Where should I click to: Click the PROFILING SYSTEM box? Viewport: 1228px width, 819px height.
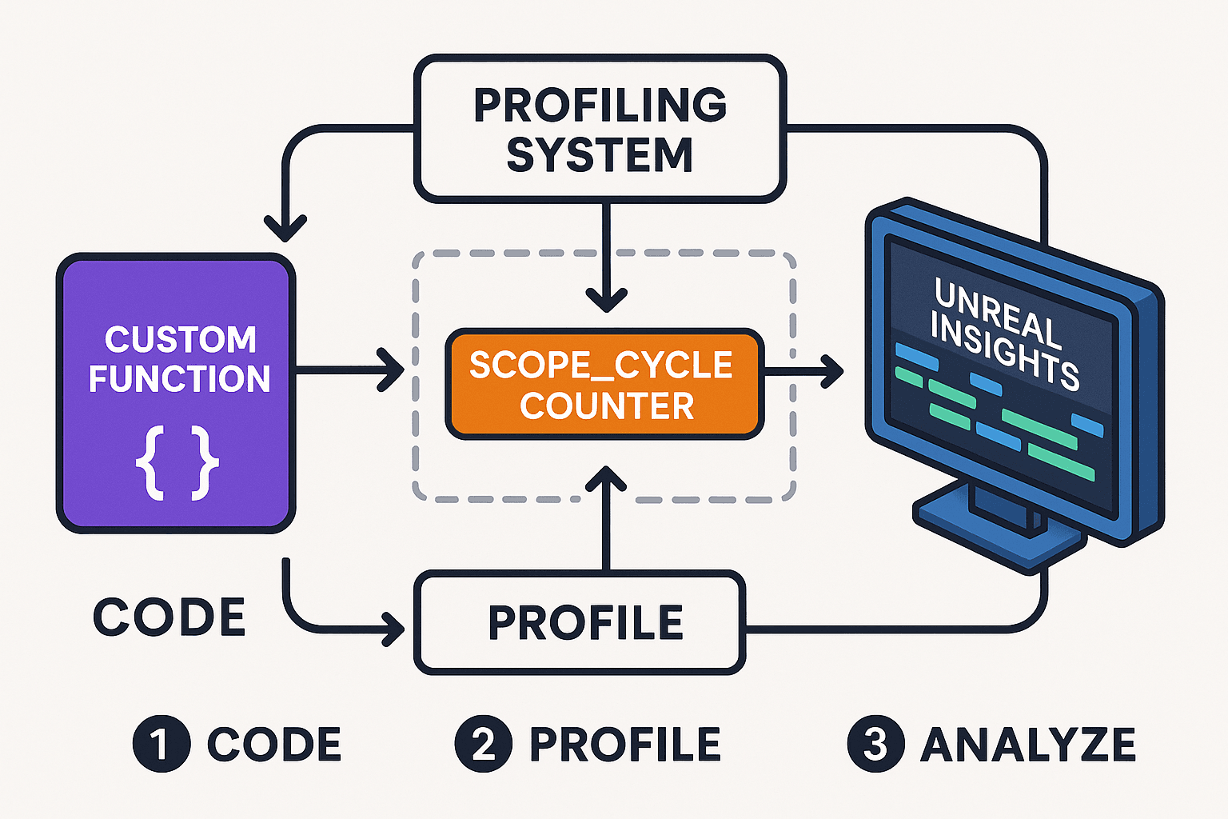click(600, 128)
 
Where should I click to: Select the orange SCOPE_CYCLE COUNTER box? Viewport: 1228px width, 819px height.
click(604, 385)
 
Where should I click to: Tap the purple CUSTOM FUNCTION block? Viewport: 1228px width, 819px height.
click(176, 392)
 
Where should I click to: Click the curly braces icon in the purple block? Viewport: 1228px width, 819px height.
click(177, 464)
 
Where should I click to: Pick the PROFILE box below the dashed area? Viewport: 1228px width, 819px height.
click(580, 623)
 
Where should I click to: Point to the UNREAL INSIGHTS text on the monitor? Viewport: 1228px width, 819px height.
click(1006, 334)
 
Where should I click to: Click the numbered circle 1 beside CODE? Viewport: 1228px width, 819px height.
click(161, 744)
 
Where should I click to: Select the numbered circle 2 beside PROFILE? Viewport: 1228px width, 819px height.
click(483, 744)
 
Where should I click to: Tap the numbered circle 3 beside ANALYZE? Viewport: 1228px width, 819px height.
click(875, 744)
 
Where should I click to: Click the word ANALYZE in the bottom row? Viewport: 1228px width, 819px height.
click(1028, 745)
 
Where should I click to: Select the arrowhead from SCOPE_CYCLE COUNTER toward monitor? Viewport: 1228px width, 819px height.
click(833, 371)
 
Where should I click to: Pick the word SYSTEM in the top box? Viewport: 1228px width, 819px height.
click(600, 155)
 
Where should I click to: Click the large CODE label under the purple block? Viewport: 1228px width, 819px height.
click(169, 617)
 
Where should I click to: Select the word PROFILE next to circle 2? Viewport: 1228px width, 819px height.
click(625, 745)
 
